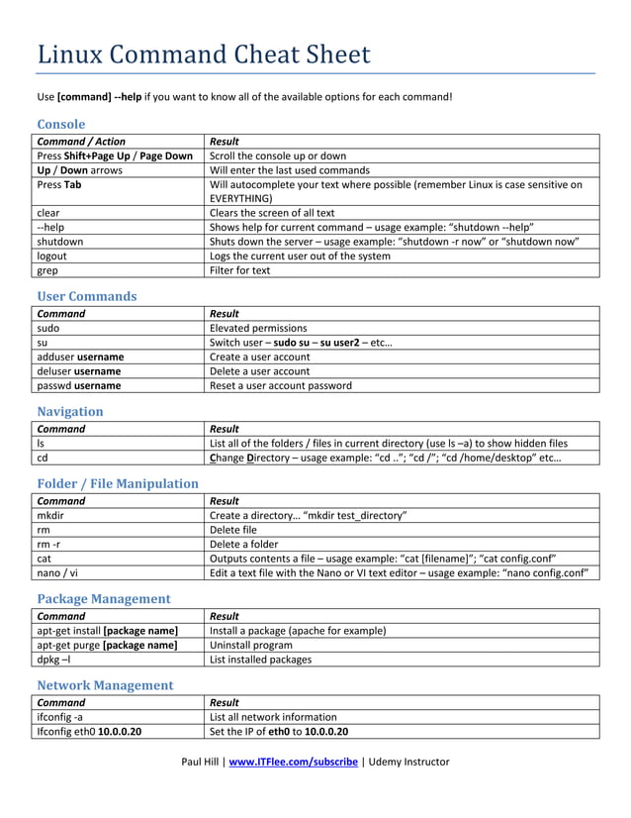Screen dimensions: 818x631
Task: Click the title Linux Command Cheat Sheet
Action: pos(203,53)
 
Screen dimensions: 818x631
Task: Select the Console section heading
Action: pos(60,124)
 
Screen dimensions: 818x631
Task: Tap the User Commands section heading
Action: pos(86,296)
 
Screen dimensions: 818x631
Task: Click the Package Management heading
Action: pos(103,598)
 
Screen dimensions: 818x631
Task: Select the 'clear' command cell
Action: pos(48,212)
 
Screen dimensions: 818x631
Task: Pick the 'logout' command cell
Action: pos(52,256)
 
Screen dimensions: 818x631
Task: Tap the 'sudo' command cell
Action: pos(48,328)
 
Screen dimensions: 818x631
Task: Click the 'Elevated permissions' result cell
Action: pos(258,328)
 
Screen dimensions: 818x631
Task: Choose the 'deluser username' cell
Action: pos(78,371)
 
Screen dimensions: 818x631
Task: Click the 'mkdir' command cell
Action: pos(51,515)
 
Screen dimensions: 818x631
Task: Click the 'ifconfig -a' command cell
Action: pos(60,716)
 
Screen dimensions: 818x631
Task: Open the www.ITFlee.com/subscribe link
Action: pos(293,762)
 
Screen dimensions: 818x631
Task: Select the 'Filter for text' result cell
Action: pos(240,270)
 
